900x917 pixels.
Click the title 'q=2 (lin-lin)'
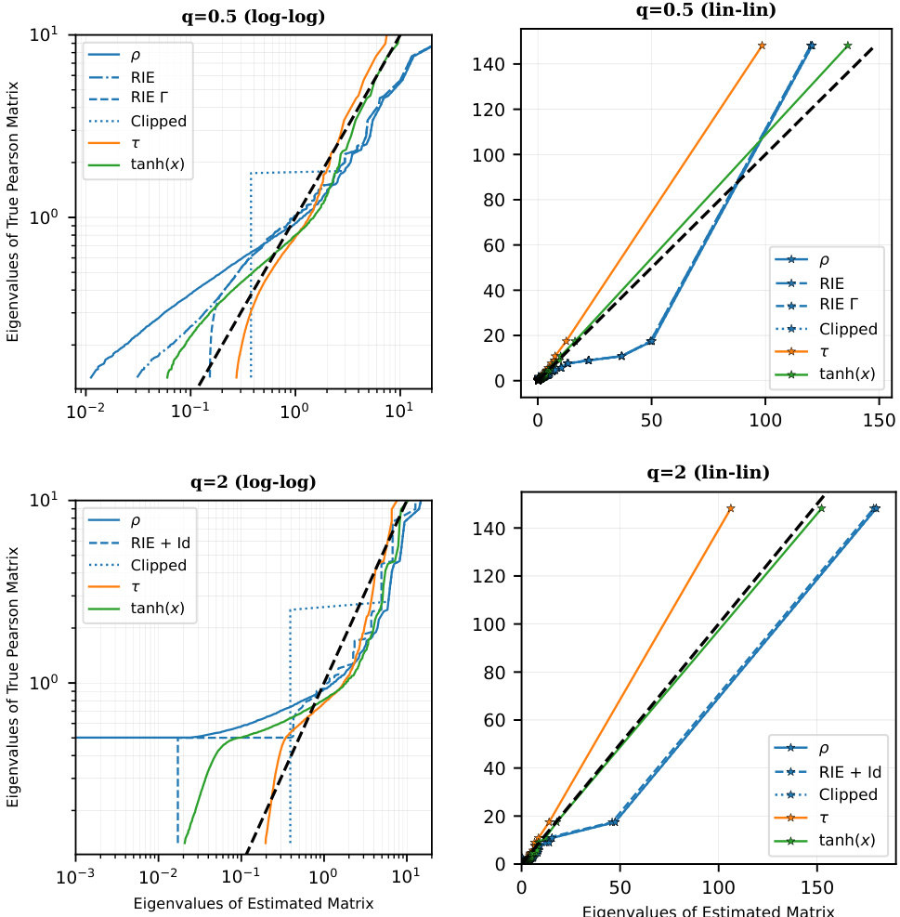[708, 473]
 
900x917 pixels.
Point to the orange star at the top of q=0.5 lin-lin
[762, 46]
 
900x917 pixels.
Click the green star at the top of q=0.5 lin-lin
[847, 46]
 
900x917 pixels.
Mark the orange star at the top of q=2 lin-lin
[731, 508]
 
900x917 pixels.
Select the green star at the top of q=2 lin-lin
[821, 508]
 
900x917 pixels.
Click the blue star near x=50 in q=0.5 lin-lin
[651, 341]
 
